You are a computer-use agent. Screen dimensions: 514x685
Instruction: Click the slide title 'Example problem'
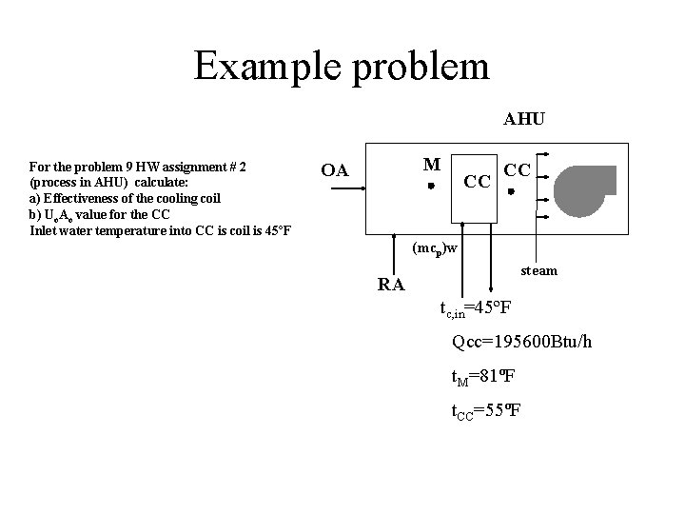pos(342,66)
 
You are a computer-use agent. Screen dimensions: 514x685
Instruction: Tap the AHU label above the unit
pos(524,119)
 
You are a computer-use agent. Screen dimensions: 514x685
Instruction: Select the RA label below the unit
pos(391,284)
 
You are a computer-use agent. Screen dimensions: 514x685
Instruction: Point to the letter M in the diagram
pos(432,164)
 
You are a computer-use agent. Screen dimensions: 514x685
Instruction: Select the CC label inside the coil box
pos(476,179)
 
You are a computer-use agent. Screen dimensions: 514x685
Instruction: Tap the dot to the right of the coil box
pos(511,192)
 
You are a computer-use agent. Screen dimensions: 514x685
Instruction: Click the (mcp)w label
pos(435,248)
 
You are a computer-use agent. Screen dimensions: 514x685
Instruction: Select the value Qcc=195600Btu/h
pos(522,342)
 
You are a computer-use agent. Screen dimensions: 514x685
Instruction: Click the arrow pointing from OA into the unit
pos(347,188)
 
